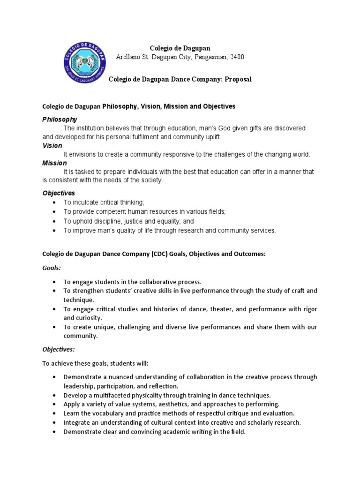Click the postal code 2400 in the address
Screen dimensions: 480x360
(236, 57)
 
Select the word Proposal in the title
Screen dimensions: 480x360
(238, 79)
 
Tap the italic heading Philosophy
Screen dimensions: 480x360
(60, 120)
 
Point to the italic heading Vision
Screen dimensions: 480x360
(52, 146)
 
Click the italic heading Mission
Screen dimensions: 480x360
(54, 163)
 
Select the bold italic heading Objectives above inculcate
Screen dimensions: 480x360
(59, 193)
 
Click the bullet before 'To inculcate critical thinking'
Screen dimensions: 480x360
(55, 202)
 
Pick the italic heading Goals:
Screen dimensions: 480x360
(52, 268)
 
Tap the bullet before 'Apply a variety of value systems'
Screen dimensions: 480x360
(55, 404)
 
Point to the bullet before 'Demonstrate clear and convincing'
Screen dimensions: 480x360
(55, 432)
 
